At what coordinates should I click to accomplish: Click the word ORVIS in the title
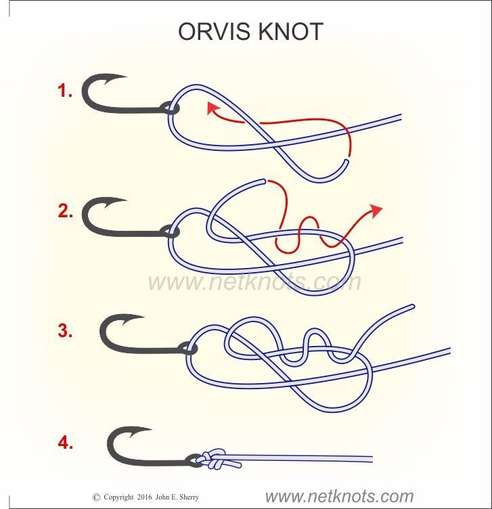coord(214,32)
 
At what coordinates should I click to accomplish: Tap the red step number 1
coord(64,90)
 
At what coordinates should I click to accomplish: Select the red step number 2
coord(65,211)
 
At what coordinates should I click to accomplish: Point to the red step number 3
coord(65,330)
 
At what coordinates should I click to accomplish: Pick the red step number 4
coord(65,443)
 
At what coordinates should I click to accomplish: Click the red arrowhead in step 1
coord(213,108)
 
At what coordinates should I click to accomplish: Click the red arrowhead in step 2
coord(376,211)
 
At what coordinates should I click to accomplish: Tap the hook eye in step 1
coord(169,108)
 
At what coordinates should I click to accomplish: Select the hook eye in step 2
coord(169,231)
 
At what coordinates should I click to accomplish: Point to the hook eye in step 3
coord(187,348)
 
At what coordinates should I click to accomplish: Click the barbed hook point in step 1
coord(114,79)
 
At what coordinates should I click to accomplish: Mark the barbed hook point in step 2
coord(114,202)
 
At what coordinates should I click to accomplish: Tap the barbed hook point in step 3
coord(131,319)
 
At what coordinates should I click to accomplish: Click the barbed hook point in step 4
coord(139,431)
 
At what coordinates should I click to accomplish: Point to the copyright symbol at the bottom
coord(96,497)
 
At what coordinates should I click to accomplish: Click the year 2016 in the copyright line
coord(144,497)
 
